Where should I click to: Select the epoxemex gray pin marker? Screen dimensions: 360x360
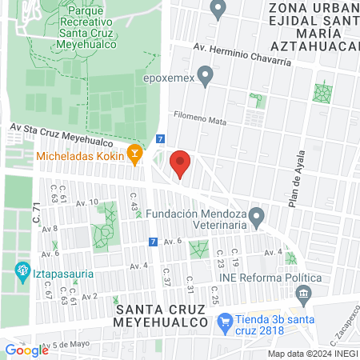coord(206,78)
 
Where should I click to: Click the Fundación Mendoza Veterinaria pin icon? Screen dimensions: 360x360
coord(256,216)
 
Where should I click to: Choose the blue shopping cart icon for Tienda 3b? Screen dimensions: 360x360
coord(226,322)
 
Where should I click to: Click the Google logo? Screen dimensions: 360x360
coord(27,350)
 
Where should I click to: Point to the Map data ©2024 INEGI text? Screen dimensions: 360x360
coord(312,354)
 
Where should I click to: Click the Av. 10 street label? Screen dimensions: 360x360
coord(88,202)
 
